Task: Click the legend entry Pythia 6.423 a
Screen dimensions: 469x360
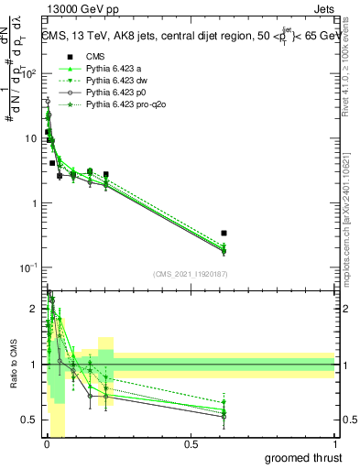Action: [x=117, y=71]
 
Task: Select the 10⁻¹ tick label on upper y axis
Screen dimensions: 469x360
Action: [x=31, y=267]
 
